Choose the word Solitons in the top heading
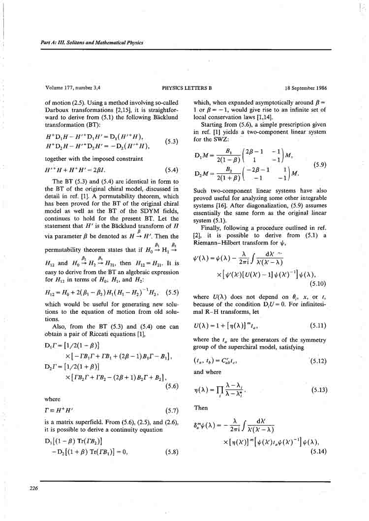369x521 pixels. (x=82, y=42)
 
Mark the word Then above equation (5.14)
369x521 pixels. (x=201, y=408)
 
